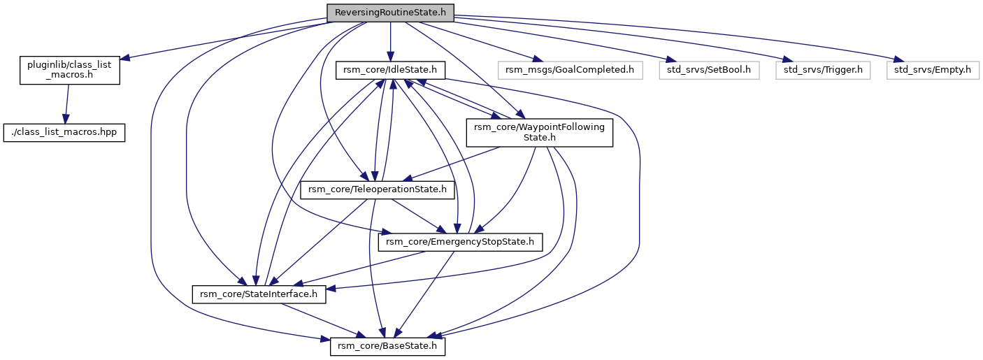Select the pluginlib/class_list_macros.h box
pos(69,70)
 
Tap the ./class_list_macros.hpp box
pos(64,133)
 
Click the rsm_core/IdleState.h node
pos(390,70)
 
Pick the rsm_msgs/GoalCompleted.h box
pos(569,70)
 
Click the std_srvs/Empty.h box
pos(933,70)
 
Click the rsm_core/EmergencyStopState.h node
pos(460,242)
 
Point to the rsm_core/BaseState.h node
pos(387,346)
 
